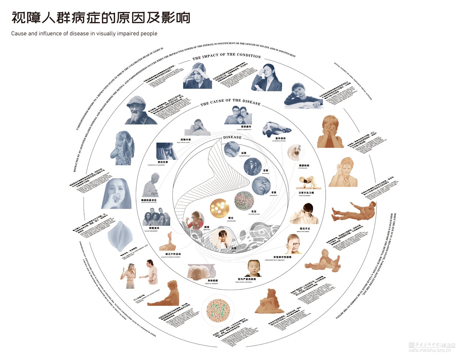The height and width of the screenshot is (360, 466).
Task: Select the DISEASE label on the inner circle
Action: [232, 137]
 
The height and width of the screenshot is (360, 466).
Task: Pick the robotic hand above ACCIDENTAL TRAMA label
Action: [276, 129]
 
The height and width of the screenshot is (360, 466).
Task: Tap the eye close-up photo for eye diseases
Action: [295, 152]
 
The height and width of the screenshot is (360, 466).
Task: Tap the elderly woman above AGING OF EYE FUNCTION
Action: [152, 185]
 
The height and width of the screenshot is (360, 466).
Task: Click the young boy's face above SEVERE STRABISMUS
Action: [253, 268]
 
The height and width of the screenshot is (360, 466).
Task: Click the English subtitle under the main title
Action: [84, 34]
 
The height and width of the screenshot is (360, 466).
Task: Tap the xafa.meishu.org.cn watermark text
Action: [429, 350]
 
